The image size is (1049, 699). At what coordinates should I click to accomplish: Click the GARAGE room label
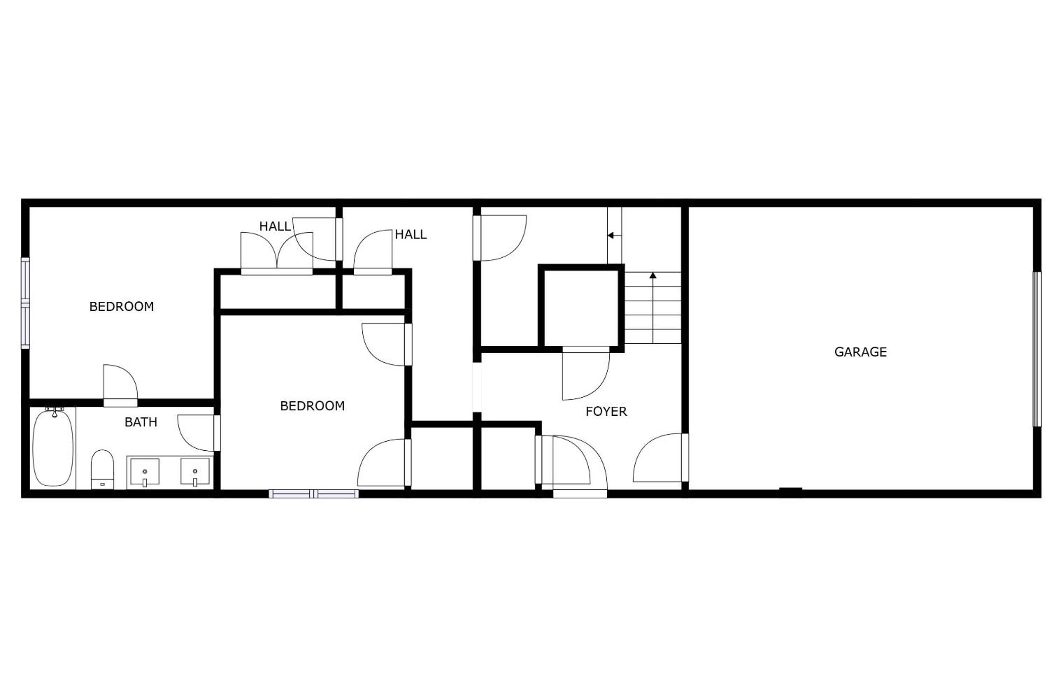(860, 352)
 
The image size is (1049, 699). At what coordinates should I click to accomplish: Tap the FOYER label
(606, 411)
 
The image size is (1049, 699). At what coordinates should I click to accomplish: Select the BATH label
(141, 422)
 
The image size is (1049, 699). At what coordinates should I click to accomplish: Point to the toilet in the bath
(102, 469)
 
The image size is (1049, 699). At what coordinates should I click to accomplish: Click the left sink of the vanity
(145, 472)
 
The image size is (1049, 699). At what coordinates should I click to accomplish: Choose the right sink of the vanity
(195, 472)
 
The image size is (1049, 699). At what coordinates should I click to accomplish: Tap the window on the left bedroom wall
(25, 303)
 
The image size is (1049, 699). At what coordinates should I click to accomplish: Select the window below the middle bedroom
(314, 494)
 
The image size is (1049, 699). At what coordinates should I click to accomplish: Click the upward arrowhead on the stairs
(653, 276)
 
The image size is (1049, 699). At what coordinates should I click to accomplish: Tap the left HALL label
(275, 226)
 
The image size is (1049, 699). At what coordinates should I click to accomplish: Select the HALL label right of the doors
(411, 234)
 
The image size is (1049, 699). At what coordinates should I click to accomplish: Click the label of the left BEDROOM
(122, 307)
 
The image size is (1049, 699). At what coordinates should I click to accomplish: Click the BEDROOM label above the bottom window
(312, 406)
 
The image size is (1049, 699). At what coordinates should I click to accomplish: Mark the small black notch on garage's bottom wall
(791, 491)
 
